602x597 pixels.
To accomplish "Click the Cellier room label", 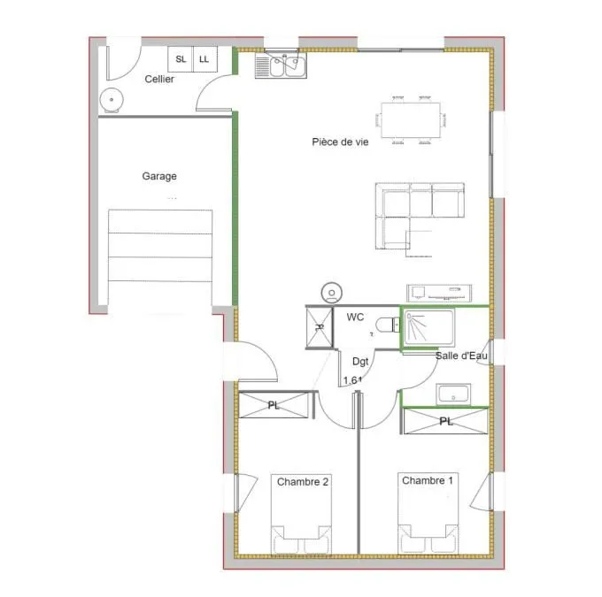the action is click(x=159, y=79).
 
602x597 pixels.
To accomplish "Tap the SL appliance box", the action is click(x=181, y=59).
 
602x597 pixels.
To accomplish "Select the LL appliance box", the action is click(x=205, y=59).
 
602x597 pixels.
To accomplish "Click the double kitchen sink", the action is click(x=281, y=65).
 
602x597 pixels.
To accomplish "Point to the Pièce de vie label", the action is click(x=340, y=142).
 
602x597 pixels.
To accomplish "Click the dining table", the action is click(x=411, y=120).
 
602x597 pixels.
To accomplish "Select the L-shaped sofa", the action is click(x=420, y=216).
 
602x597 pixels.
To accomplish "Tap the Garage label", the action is click(x=159, y=176).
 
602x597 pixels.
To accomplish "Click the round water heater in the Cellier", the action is click(x=112, y=100).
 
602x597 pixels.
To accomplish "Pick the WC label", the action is click(x=355, y=317).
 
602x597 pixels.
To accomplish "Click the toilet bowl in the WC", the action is click(x=387, y=325).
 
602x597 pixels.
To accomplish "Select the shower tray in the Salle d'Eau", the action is click(x=428, y=328).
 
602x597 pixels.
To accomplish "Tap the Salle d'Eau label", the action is click(x=461, y=356).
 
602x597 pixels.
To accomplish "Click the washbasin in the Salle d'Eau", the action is click(x=453, y=394).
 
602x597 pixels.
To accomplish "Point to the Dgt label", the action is click(x=360, y=362).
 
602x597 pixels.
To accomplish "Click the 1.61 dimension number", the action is click(x=352, y=380).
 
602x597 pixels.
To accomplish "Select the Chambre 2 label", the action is click(x=303, y=482).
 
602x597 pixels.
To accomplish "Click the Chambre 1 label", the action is click(x=428, y=480).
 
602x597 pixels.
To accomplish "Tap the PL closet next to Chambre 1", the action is click(x=445, y=421).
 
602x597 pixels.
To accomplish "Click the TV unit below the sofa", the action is click(x=439, y=293).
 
